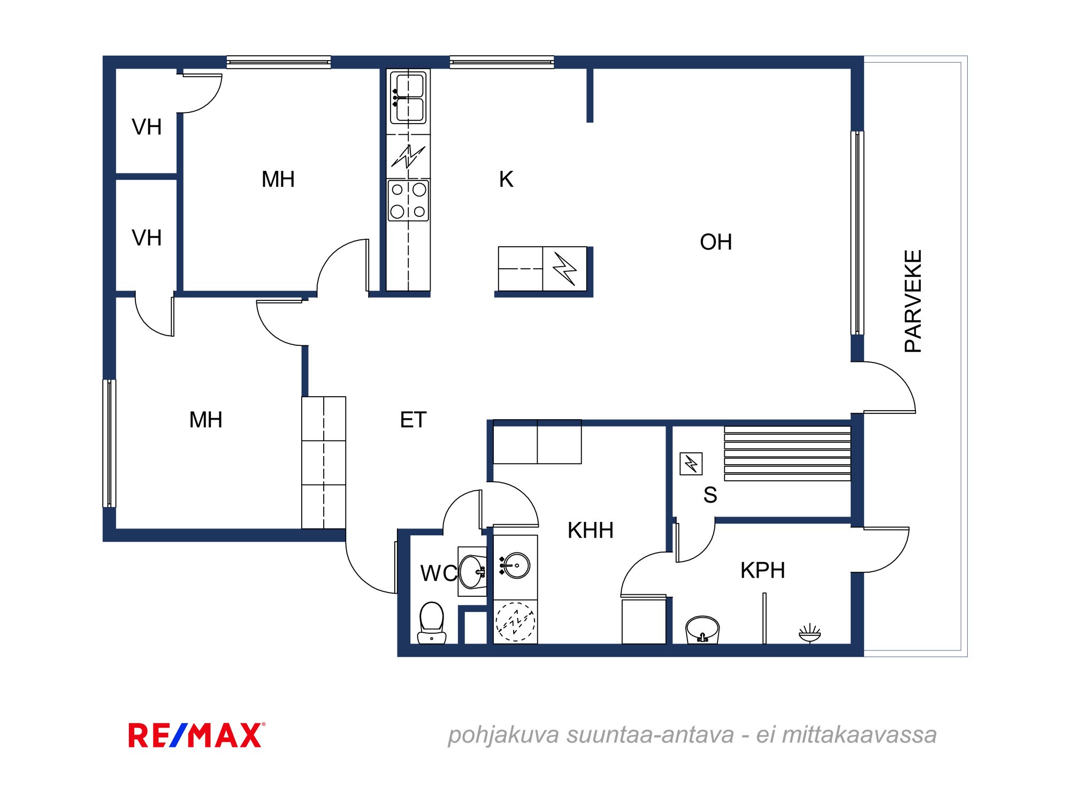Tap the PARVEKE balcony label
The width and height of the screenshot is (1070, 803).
[913, 301]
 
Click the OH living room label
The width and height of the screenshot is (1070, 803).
[716, 242]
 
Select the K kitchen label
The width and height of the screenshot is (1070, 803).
[506, 179]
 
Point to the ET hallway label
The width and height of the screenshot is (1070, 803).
[413, 420]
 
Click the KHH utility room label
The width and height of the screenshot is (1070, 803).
[591, 531]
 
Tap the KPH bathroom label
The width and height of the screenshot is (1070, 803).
[763, 571]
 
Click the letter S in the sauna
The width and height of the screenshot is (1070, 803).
[710, 495]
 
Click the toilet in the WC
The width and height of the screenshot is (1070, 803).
[432, 623]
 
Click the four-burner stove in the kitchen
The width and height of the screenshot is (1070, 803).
[408, 201]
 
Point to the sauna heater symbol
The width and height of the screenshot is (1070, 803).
[691, 464]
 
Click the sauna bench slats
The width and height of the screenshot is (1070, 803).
[788, 453]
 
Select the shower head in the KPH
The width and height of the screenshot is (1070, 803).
[809, 633]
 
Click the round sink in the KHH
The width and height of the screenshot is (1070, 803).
[515, 565]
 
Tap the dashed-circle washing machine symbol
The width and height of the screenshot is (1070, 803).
[515, 622]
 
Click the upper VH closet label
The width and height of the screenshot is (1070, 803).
[147, 127]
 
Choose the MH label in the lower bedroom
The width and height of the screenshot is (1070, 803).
[205, 420]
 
